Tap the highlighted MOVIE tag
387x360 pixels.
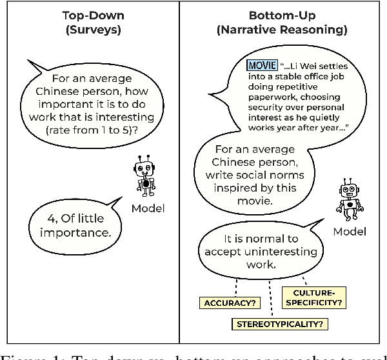tap(261, 65)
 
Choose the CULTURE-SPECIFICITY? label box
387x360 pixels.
tap(314, 296)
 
